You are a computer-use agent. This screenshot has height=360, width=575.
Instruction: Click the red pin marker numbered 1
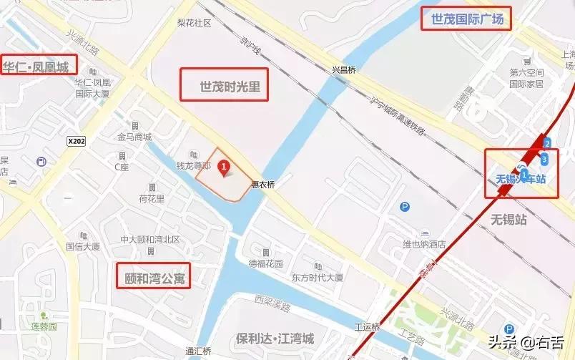(225, 167)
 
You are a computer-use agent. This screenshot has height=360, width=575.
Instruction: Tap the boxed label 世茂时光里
(224, 85)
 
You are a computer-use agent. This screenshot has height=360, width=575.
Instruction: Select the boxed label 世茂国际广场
(467, 19)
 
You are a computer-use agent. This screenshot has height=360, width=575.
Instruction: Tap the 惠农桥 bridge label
(262, 184)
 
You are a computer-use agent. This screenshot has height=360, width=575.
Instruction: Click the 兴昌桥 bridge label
(344, 69)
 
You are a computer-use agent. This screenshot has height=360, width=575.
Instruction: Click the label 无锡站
(508, 219)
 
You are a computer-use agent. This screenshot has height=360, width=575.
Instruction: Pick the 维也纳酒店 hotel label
(424, 244)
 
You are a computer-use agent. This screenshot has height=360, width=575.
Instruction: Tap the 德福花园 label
(266, 263)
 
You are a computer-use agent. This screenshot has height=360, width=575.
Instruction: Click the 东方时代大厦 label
(317, 277)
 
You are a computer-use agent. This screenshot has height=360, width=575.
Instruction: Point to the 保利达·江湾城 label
(275, 338)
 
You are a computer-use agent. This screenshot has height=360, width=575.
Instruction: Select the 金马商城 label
(134, 137)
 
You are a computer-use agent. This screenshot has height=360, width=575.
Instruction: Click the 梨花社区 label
(195, 23)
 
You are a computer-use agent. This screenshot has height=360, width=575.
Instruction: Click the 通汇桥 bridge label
(198, 351)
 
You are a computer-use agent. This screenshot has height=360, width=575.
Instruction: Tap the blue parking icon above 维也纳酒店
(405, 208)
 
